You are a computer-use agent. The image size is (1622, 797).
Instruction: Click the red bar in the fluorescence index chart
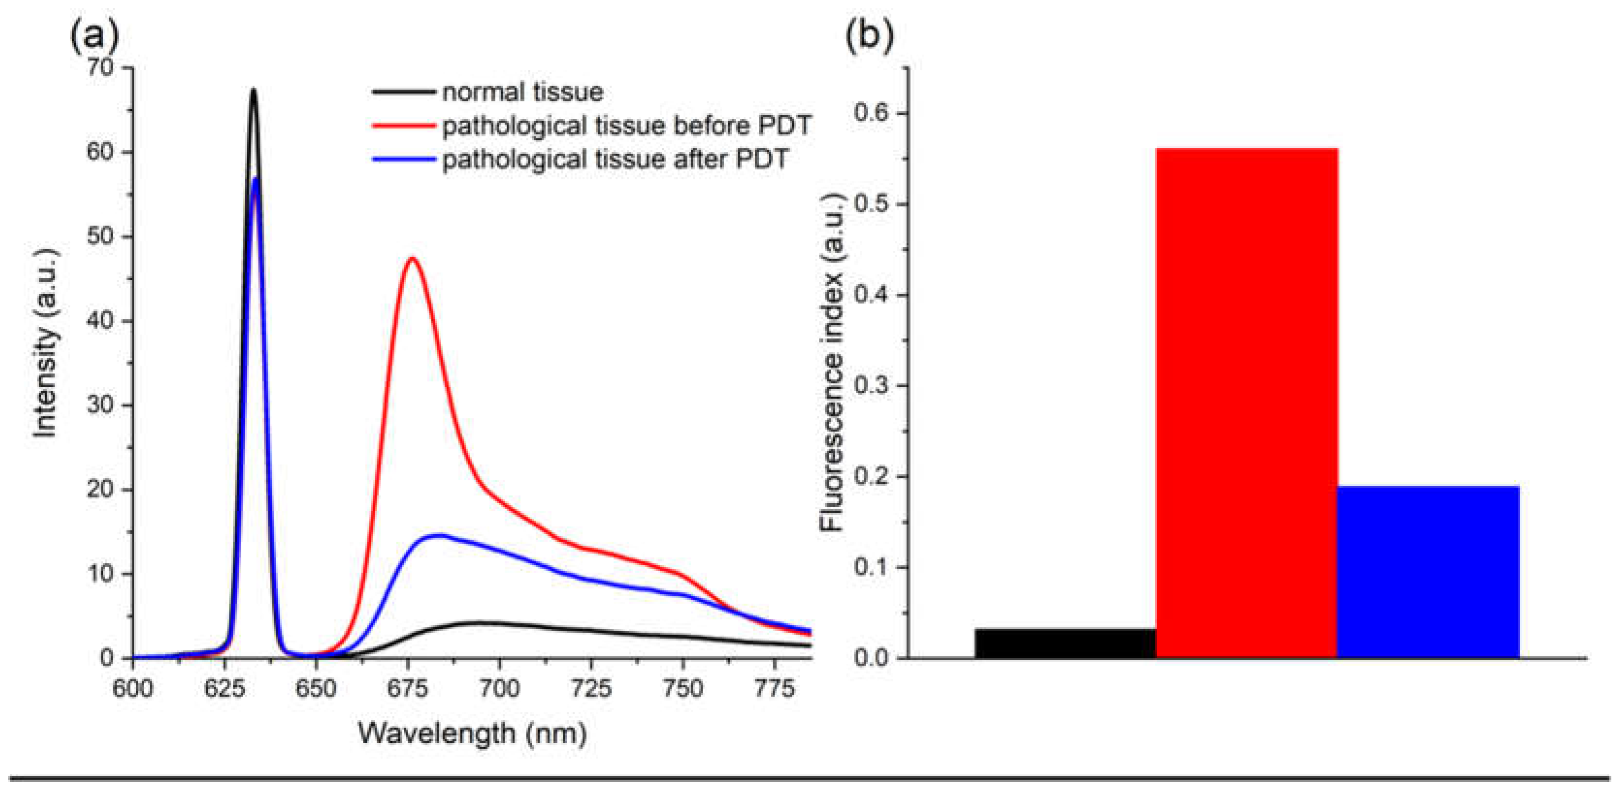[x=1247, y=403]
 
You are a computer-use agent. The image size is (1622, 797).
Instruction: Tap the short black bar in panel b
[x=1065, y=643]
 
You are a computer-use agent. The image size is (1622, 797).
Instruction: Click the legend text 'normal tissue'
[x=523, y=93]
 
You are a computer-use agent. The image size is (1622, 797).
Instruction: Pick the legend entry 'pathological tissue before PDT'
[x=626, y=126]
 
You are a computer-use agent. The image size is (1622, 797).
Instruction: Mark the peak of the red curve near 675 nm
[x=413, y=258]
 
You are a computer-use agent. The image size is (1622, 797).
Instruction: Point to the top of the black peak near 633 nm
[x=254, y=89]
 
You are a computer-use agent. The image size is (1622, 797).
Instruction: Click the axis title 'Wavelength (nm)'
[x=472, y=733]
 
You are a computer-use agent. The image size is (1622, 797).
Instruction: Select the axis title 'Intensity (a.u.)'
[x=46, y=343]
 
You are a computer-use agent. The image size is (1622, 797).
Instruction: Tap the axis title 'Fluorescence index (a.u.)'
[x=832, y=362]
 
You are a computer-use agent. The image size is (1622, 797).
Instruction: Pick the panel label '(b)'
[x=869, y=36]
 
